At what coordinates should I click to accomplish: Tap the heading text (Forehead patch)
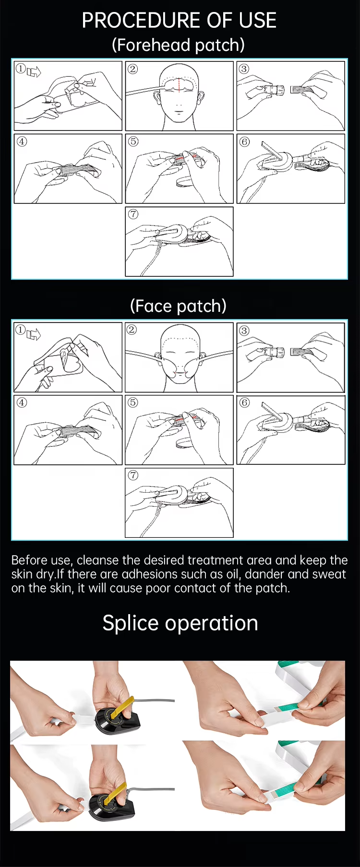pos(178,45)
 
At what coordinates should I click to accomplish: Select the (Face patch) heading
pos(178,306)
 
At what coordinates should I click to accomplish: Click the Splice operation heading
pos(180,623)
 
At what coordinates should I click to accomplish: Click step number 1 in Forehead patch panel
pos(21,69)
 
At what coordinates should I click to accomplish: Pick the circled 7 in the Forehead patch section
pos(133,214)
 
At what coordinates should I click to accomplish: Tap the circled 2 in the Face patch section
pos(132,329)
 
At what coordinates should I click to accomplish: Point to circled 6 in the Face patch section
pos(244,402)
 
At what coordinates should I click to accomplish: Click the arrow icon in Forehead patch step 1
pos(34,72)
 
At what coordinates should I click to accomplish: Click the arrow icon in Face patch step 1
pos(34,334)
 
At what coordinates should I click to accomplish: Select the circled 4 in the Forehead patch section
pos(22,141)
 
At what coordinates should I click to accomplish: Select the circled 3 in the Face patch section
pos(244,330)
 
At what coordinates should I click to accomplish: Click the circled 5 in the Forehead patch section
pos(133,141)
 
